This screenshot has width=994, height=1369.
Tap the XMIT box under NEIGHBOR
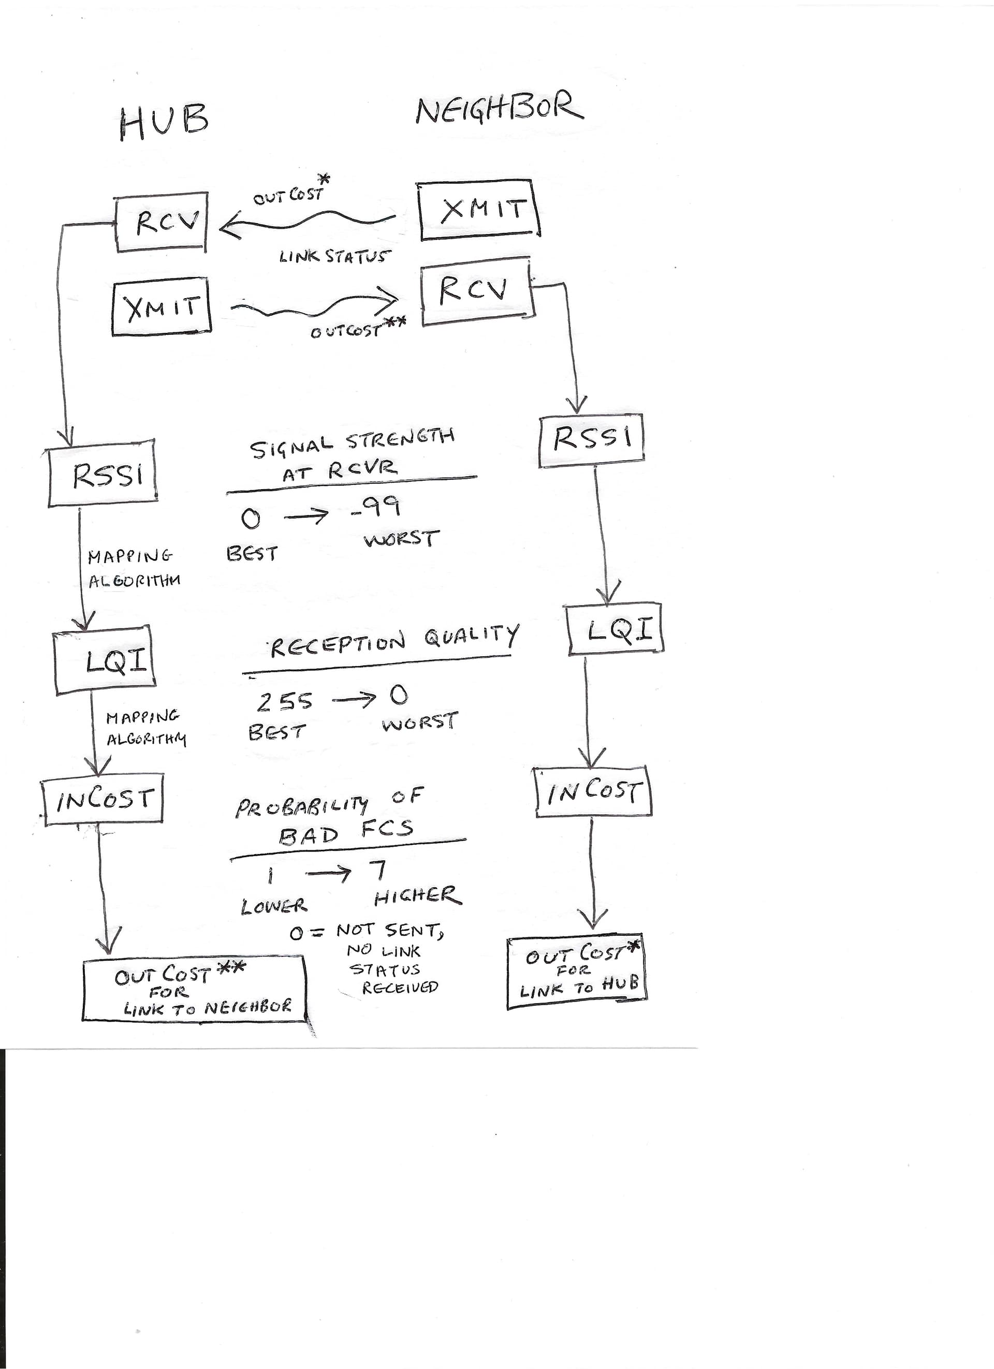click(x=479, y=210)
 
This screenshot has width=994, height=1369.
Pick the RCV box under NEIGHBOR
click(x=477, y=291)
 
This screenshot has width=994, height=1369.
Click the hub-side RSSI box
click(x=103, y=473)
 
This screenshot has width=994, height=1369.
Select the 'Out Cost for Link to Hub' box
click(x=577, y=973)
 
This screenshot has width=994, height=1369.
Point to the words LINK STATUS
click(x=333, y=257)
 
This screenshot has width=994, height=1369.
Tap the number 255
click(x=284, y=701)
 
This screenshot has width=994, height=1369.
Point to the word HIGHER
click(x=417, y=897)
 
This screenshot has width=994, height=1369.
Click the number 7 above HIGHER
click(x=378, y=871)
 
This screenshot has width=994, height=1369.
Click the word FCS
click(x=387, y=829)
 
